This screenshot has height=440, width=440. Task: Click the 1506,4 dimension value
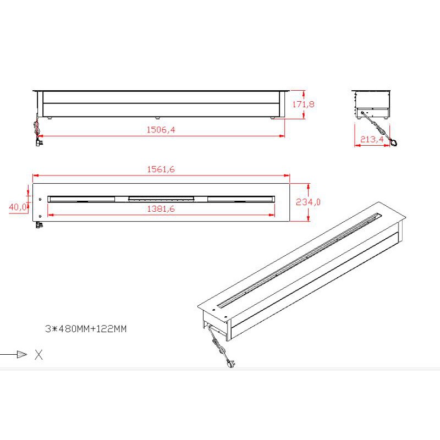(x=161, y=130)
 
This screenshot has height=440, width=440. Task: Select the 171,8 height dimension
(x=304, y=105)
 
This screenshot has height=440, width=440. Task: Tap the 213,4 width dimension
(x=372, y=139)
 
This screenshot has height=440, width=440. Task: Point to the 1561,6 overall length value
(x=161, y=169)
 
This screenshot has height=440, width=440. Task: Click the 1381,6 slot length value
(x=161, y=209)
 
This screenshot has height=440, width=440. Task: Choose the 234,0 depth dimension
(x=308, y=202)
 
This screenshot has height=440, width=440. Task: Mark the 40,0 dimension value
(x=18, y=207)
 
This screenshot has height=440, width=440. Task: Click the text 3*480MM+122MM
(x=86, y=329)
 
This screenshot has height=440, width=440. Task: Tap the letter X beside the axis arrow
(x=38, y=355)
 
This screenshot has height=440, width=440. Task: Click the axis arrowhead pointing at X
(x=22, y=354)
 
